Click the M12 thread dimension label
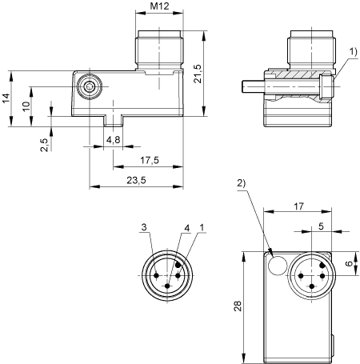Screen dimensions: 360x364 tap(159, 6)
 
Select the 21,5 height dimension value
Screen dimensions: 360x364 tap(198, 74)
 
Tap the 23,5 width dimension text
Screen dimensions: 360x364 tap(136, 180)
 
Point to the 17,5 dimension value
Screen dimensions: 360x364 tap(150, 160)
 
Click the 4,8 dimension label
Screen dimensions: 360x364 tap(114, 139)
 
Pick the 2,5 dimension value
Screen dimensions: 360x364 tap(45, 145)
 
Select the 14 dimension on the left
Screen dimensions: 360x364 tap(6, 98)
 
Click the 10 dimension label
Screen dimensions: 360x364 tap(26, 106)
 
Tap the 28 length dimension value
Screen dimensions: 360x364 tap(238, 306)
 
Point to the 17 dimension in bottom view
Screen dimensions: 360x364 tap(298, 206)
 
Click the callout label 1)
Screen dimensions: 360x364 tap(353, 51)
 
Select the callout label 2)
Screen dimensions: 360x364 tap(242, 183)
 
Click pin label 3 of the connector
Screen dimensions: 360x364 tap(144, 227)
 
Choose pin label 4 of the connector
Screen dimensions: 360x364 tap(187, 228)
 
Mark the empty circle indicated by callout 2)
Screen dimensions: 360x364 tap(278, 265)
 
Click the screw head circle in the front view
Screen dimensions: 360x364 tap(90, 86)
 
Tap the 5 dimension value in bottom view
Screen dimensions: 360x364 tap(321, 226)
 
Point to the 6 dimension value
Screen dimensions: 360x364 tap(349, 263)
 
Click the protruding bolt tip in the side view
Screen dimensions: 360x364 tap(254, 86)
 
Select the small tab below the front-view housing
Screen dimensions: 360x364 tap(113, 121)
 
